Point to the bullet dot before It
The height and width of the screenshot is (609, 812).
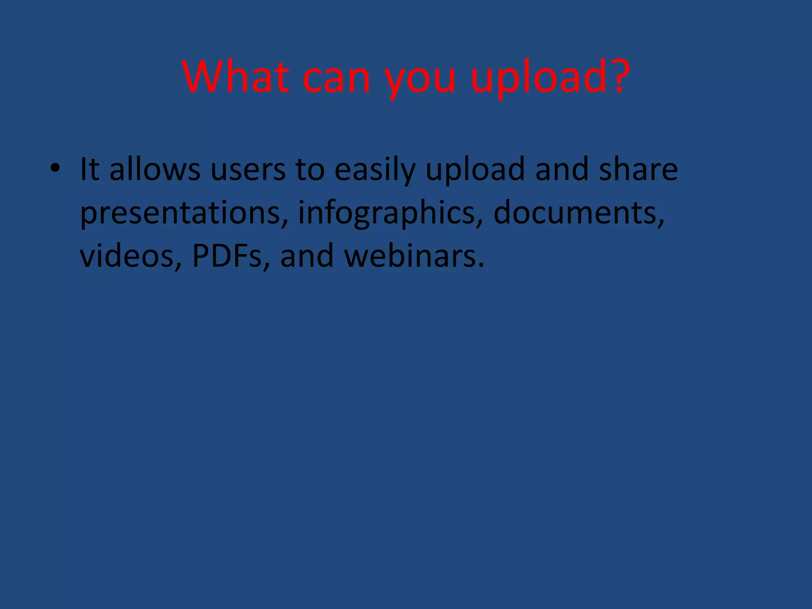[55, 169]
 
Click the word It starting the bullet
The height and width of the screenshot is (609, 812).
[89, 169]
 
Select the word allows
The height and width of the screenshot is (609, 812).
[155, 169]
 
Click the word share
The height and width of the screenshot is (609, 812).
[638, 169]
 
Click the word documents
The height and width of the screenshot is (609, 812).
[578, 213]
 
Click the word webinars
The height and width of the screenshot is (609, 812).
[414, 256]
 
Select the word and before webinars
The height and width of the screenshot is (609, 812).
[306, 256]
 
